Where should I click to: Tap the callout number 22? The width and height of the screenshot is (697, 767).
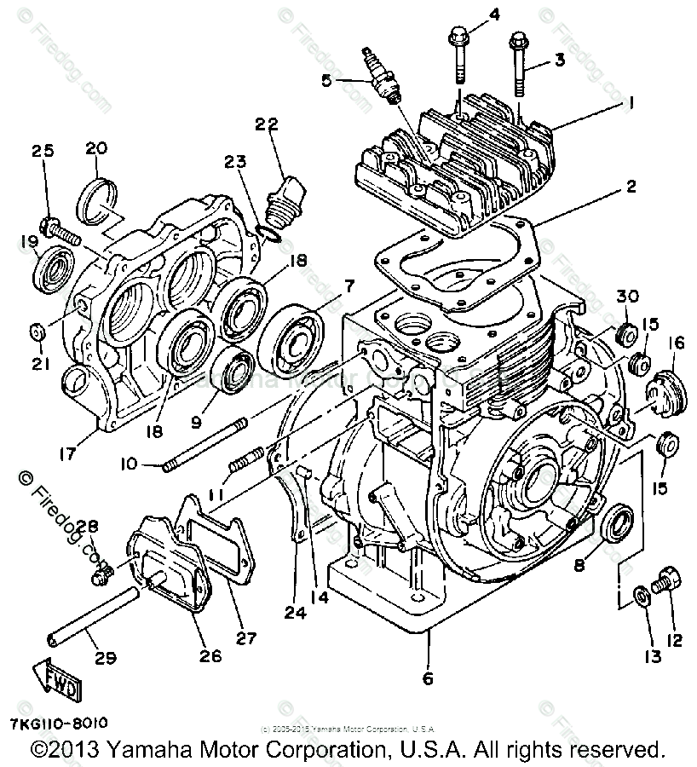(267, 125)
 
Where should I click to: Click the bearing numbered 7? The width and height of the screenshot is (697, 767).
(293, 341)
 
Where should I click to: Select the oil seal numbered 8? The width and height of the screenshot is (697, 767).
(616, 522)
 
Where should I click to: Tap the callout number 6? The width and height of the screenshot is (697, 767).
(427, 678)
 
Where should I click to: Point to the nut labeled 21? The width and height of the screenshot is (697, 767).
(37, 330)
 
